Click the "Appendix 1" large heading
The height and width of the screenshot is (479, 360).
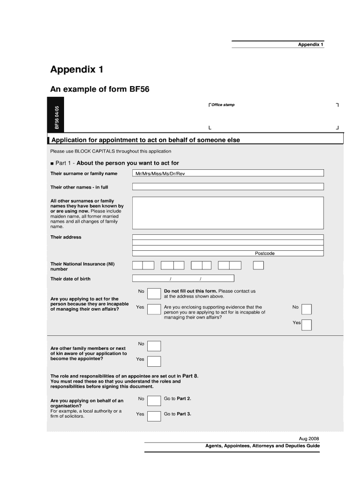(x=77, y=70)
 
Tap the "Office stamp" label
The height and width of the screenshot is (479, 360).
(x=223, y=105)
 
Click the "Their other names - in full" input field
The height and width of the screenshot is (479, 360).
(x=228, y=187)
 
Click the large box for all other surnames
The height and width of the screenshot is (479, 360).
(x=228, y=213)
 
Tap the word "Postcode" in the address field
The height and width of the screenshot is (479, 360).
(x=265, y=254)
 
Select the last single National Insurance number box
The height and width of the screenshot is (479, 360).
(x=258, y=266)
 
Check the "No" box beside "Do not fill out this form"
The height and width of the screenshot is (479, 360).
(x=154, y=293)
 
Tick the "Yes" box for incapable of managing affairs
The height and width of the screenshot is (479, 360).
(x=154, y=309)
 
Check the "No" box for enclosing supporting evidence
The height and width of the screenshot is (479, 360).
(x=306, y=309)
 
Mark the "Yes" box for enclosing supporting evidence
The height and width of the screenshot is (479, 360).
(x=307, y=325)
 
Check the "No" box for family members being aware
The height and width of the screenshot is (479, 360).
(x=154, y=346)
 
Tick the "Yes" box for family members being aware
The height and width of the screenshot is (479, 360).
(x=154, y=361)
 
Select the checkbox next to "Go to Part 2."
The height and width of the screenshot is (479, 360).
(x=154, y=401)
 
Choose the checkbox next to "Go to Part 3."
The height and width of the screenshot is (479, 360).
(x=154, y=416)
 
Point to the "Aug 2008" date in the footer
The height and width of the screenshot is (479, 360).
(x=309, y=439)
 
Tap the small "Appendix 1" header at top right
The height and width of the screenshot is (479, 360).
(x=311, y=44)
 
